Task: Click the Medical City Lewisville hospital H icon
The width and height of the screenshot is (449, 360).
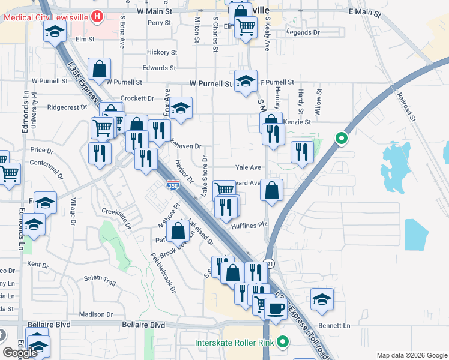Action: (x=98, y=17)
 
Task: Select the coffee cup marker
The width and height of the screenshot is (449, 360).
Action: (x=276, y=309)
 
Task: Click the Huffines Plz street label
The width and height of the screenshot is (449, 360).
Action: (x=248, y=226)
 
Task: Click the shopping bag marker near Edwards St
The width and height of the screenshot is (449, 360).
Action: (x=100, y=68)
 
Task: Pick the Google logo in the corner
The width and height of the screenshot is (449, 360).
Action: (x=20, y=353)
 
